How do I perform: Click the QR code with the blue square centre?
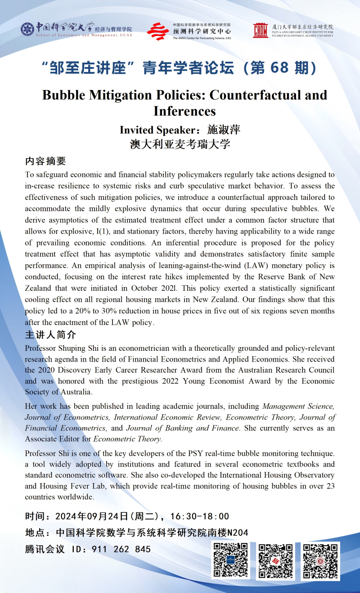tap(230, 561)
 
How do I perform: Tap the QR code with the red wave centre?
tap(275, 561)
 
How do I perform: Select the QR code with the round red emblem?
tap(320, 561)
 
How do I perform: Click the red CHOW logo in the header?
tap(260, 30)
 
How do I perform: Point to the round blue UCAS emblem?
tap(27, 29)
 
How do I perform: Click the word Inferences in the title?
tap(184, 111)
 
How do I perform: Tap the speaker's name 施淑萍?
tap(224, 130)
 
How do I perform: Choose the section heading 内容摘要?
tap(45, 161)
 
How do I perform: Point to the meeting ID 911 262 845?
tap(121, 549)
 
